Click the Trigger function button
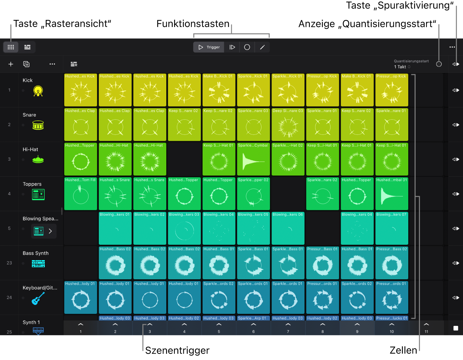(209, 47)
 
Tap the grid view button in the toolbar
(11, 47)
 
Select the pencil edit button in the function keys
(262, 47)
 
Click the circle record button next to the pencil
(247, 47)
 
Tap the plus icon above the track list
(11, 64)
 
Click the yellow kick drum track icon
(38, 91)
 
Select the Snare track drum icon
(38, 125)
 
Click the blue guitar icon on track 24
(38, 298)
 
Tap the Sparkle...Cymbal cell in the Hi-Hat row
(253, 159)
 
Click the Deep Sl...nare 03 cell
(288, 124)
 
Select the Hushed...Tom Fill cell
(81, 194)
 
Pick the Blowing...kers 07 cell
(392, 228)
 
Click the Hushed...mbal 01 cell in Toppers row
(392, 194)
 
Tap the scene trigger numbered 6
(253, 328)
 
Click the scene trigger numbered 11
(426, 328)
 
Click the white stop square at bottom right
(456, 328)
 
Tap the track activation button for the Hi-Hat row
(456, 159)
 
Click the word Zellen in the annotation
(403, 350)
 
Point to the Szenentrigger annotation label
(177, 350)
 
